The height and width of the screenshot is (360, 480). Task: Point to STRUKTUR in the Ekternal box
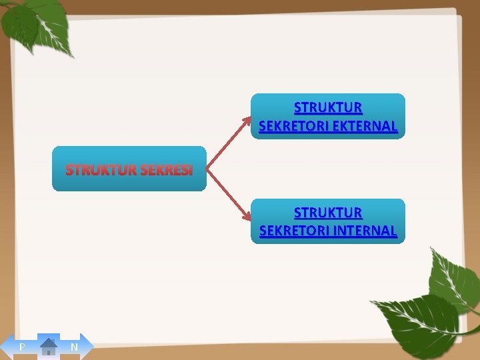(x=328, y=107)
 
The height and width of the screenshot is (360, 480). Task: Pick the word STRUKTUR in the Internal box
(x=328, y=213)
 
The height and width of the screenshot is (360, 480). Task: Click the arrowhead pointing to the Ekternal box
(x=247, y=121)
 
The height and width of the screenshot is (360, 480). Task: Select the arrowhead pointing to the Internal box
(x=247, y=217)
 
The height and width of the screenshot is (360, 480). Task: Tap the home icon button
(x=49, y=347)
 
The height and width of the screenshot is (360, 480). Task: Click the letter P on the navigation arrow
(x=22, y=347)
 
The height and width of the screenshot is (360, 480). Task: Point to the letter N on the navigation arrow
(x=74, y=347)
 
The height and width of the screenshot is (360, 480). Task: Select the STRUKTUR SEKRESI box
(x=129, y=169)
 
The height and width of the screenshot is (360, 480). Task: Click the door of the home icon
(x=49, y=351)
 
